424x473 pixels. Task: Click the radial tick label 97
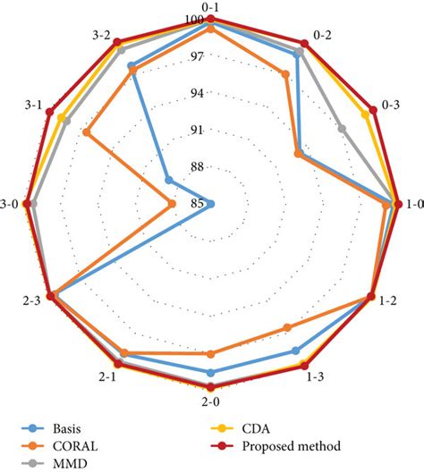(198, 57)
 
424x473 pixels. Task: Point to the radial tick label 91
(198, 131)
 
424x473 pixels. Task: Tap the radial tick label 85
(198, 204)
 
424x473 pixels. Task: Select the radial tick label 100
(195, 21)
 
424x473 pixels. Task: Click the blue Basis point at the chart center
(211, 204)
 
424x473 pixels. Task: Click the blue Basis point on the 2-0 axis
(211, 372)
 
